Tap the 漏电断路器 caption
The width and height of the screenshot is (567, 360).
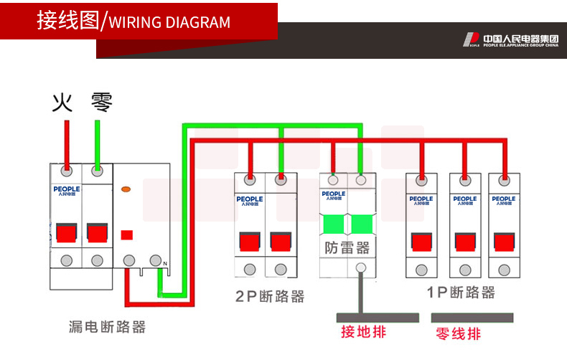coord(107,327)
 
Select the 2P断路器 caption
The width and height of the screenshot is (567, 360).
coord(270,296)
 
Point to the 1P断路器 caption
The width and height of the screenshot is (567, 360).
coord(460,293)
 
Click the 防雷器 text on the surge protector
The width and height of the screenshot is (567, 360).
coord(347,248)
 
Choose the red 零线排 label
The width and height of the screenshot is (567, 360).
coord(459,334)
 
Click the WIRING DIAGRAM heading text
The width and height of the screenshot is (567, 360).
coord(169,22)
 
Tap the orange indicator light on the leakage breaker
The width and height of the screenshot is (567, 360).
coord(126,190)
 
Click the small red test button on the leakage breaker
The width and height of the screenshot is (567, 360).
coord(127,235)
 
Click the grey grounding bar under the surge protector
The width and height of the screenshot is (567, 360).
coord(377,316)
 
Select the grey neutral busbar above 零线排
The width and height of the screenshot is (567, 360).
coord(472,316)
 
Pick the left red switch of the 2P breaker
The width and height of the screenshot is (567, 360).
coord(250,241)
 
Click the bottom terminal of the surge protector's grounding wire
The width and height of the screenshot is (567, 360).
coord(361,269)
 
